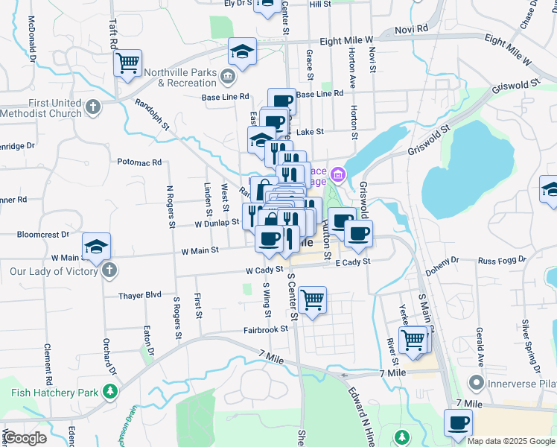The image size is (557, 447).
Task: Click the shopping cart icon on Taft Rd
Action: pyautogui.click(x=127, y=63)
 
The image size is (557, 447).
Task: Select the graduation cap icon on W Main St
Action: pyautogui.click(x=96, y=247)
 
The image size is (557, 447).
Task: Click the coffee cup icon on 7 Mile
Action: pyautogui.click(x=459, y=422)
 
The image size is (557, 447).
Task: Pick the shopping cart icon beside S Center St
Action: pyautogui.click(x=313, y=300)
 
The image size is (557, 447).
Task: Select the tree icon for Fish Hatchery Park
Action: pyautogui.click(x=110, y=391)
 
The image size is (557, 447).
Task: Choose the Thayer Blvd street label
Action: pyautogui.click(x=140, y=295)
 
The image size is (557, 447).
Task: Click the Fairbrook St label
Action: pyautogui.click(x=265, y=329)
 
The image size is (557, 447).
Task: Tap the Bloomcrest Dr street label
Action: pyautogui.click(x=42, y=234)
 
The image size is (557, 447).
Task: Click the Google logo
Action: pyautogui.click(x=25, y=438)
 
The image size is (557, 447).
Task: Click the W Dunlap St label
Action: pyautogui.click(x=217, y=222)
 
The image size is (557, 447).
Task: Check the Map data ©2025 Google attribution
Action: pyautogui.click(x=511, y=441)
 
